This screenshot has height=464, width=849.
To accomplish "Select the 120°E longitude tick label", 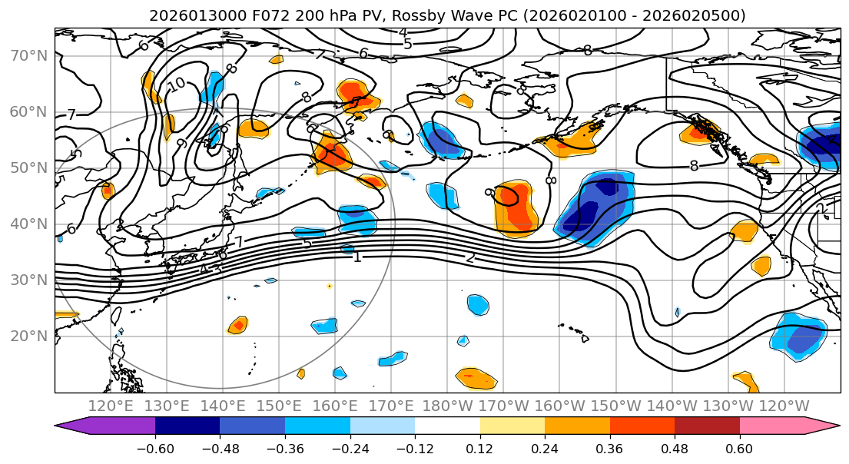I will pyautogui.click(x=111, y=406).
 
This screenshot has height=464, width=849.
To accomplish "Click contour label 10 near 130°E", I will pyautogui.click(x=176, y=85).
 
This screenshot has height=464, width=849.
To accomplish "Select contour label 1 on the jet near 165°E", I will pyautogui.click(x=357, y=257).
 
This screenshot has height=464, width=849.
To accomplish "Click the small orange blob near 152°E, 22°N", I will pyautogui.click(x=238, y=325).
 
